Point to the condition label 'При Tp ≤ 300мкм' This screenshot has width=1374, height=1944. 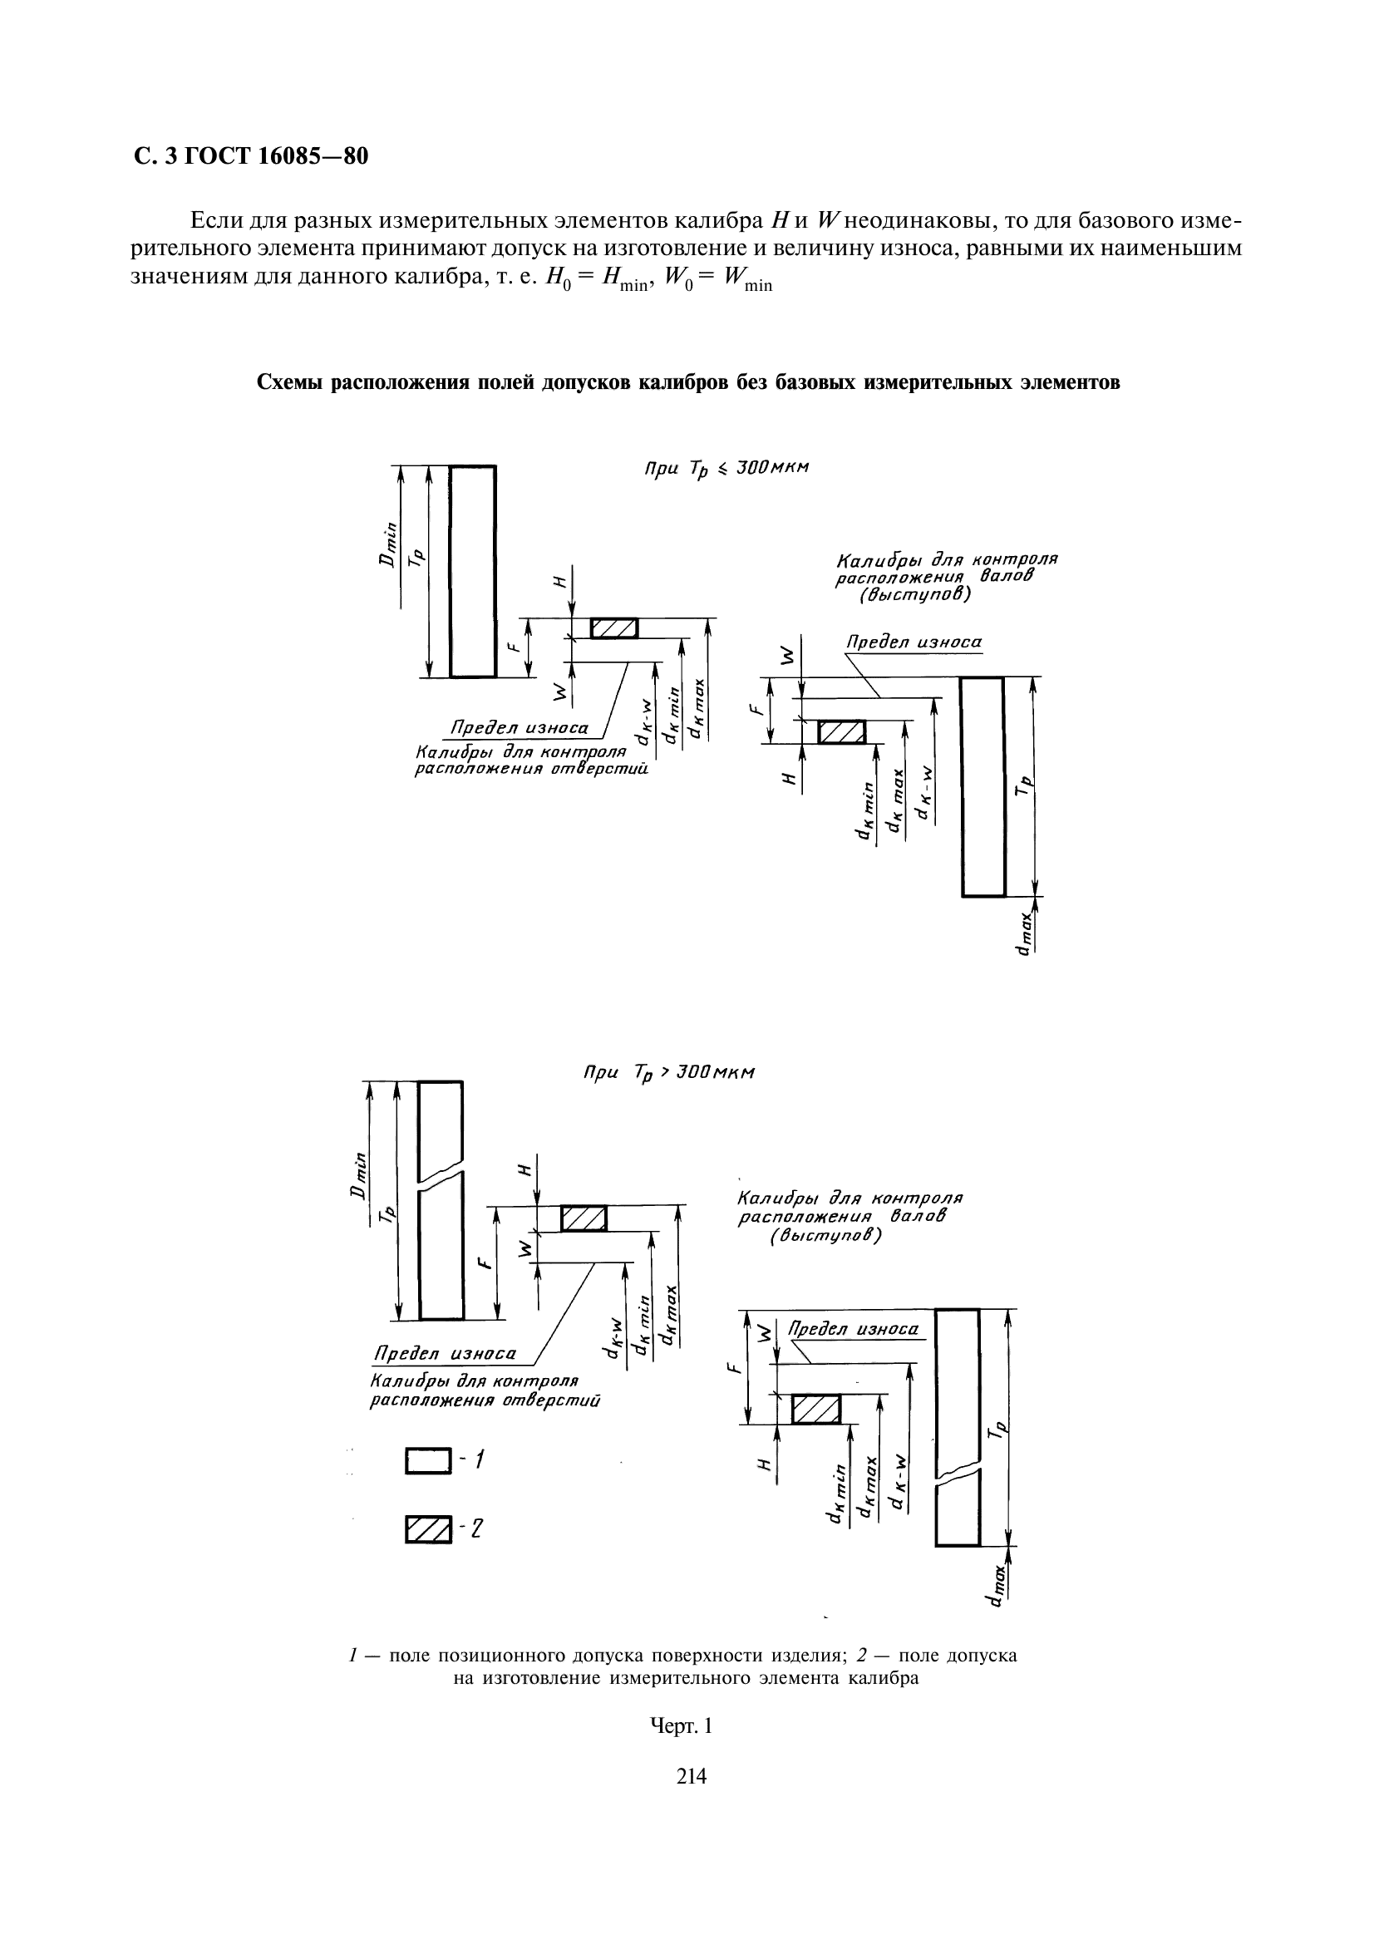(x=726, y=468)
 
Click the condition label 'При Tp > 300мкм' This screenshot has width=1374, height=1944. (x=669, y=1073)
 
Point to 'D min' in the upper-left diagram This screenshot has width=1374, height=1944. (x=387, y=547)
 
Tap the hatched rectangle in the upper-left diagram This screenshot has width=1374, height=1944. (x=613, y=628)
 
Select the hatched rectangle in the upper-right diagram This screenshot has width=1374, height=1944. (x=840, y=731)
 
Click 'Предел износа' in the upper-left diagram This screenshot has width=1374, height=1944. (x=519, y=727)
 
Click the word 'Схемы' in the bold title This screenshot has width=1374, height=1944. (x=289, y=382)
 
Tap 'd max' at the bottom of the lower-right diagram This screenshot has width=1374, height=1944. (x=997, y=1583)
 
